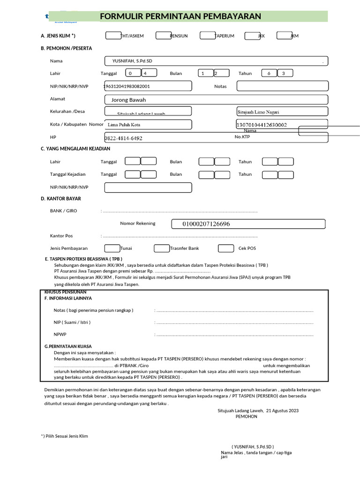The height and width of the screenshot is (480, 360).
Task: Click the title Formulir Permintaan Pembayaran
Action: (x=180, y=17)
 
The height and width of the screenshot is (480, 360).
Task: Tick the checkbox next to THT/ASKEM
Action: (x=113, y=36)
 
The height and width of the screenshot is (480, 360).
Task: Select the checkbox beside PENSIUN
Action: (x=163, y=36)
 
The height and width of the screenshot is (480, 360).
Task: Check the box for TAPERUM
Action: (x=207, y=36)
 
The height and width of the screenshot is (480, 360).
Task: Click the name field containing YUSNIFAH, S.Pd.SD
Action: (x=216, y=61)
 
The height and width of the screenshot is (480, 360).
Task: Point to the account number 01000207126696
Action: (x=206, y=224)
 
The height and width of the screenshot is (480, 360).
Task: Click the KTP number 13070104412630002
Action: (x=262, y=125)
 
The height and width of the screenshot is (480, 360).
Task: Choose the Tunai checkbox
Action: (x=112, y=248)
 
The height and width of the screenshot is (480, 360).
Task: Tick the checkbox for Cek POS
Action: (x=226, y=248)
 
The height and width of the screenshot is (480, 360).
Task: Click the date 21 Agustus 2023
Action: (x=282, y=410)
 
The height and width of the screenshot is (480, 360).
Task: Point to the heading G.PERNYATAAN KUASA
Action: (x=68, y=346)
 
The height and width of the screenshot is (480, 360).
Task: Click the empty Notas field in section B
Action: (x=282, y=86)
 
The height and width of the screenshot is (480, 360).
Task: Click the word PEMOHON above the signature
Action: (x=246, y=416)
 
